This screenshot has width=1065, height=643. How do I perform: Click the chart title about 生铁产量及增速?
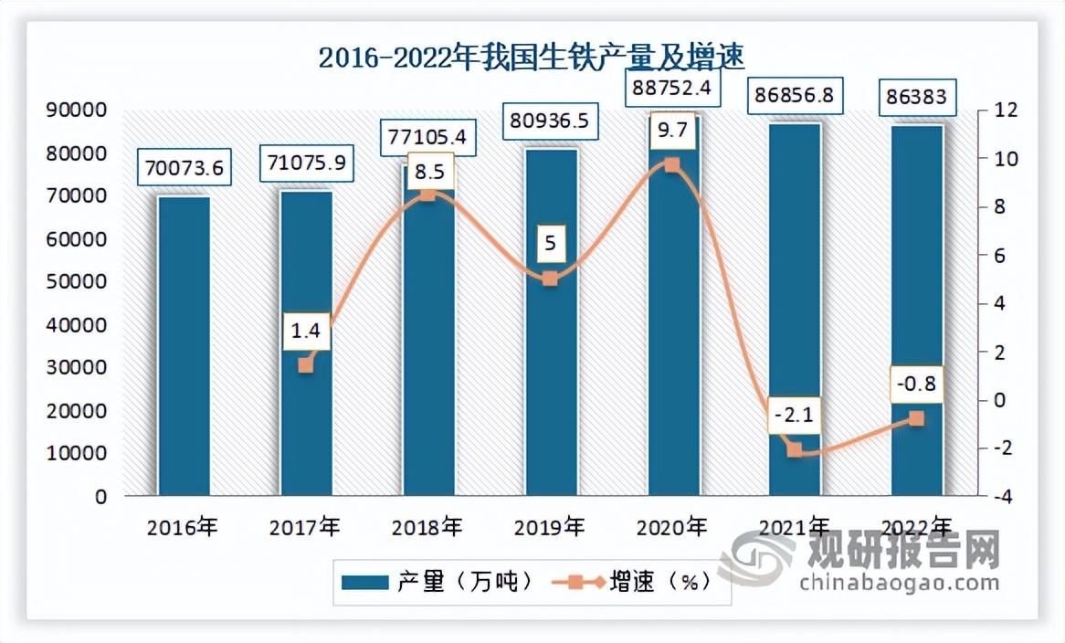tap(532, 58)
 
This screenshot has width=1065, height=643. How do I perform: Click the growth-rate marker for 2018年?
tap(427, 195)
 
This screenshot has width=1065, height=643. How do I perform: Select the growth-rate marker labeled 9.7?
tap(672, 165)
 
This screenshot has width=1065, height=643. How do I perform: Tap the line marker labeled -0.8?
tap(916, 418)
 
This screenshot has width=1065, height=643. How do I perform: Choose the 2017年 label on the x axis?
tap(305, 527)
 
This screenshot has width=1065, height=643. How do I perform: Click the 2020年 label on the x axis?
tap(672, 527)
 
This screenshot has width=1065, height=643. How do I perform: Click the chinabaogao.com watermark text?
tap(899, 582)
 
